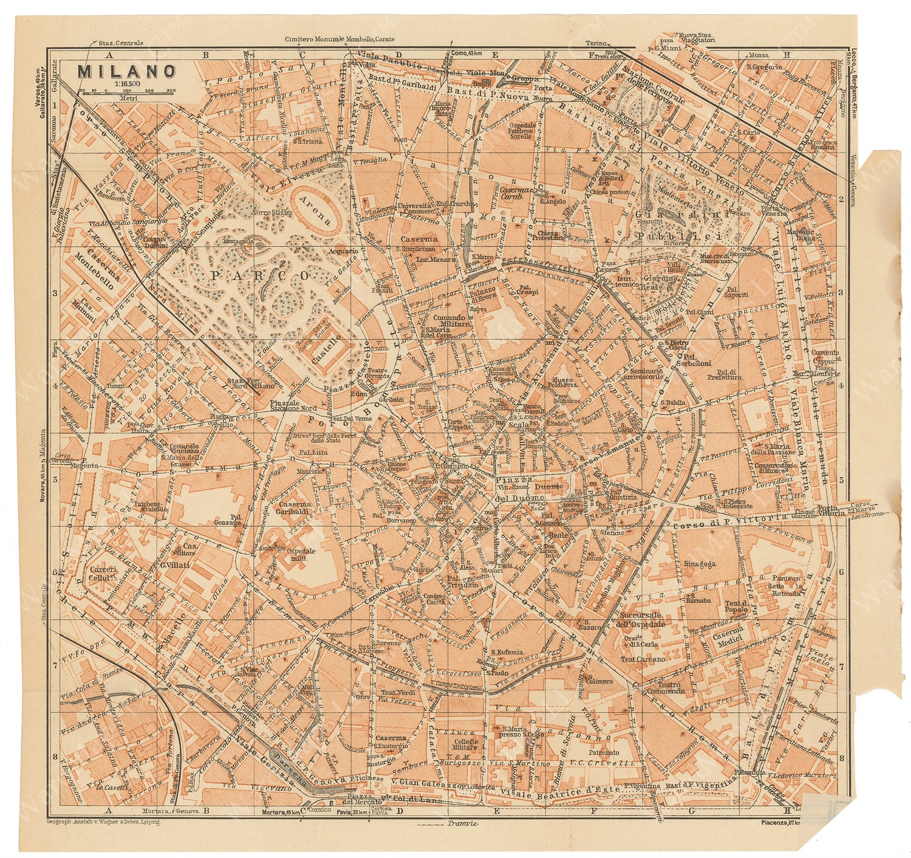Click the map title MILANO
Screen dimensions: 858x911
[x=126, y=71]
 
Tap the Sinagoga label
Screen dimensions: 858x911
[x=699, y=563]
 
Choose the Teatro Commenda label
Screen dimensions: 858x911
[x=666, y=687]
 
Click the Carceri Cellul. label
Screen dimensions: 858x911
[x=100, y=574]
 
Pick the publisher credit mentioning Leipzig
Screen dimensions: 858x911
[x=103, y=821]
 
